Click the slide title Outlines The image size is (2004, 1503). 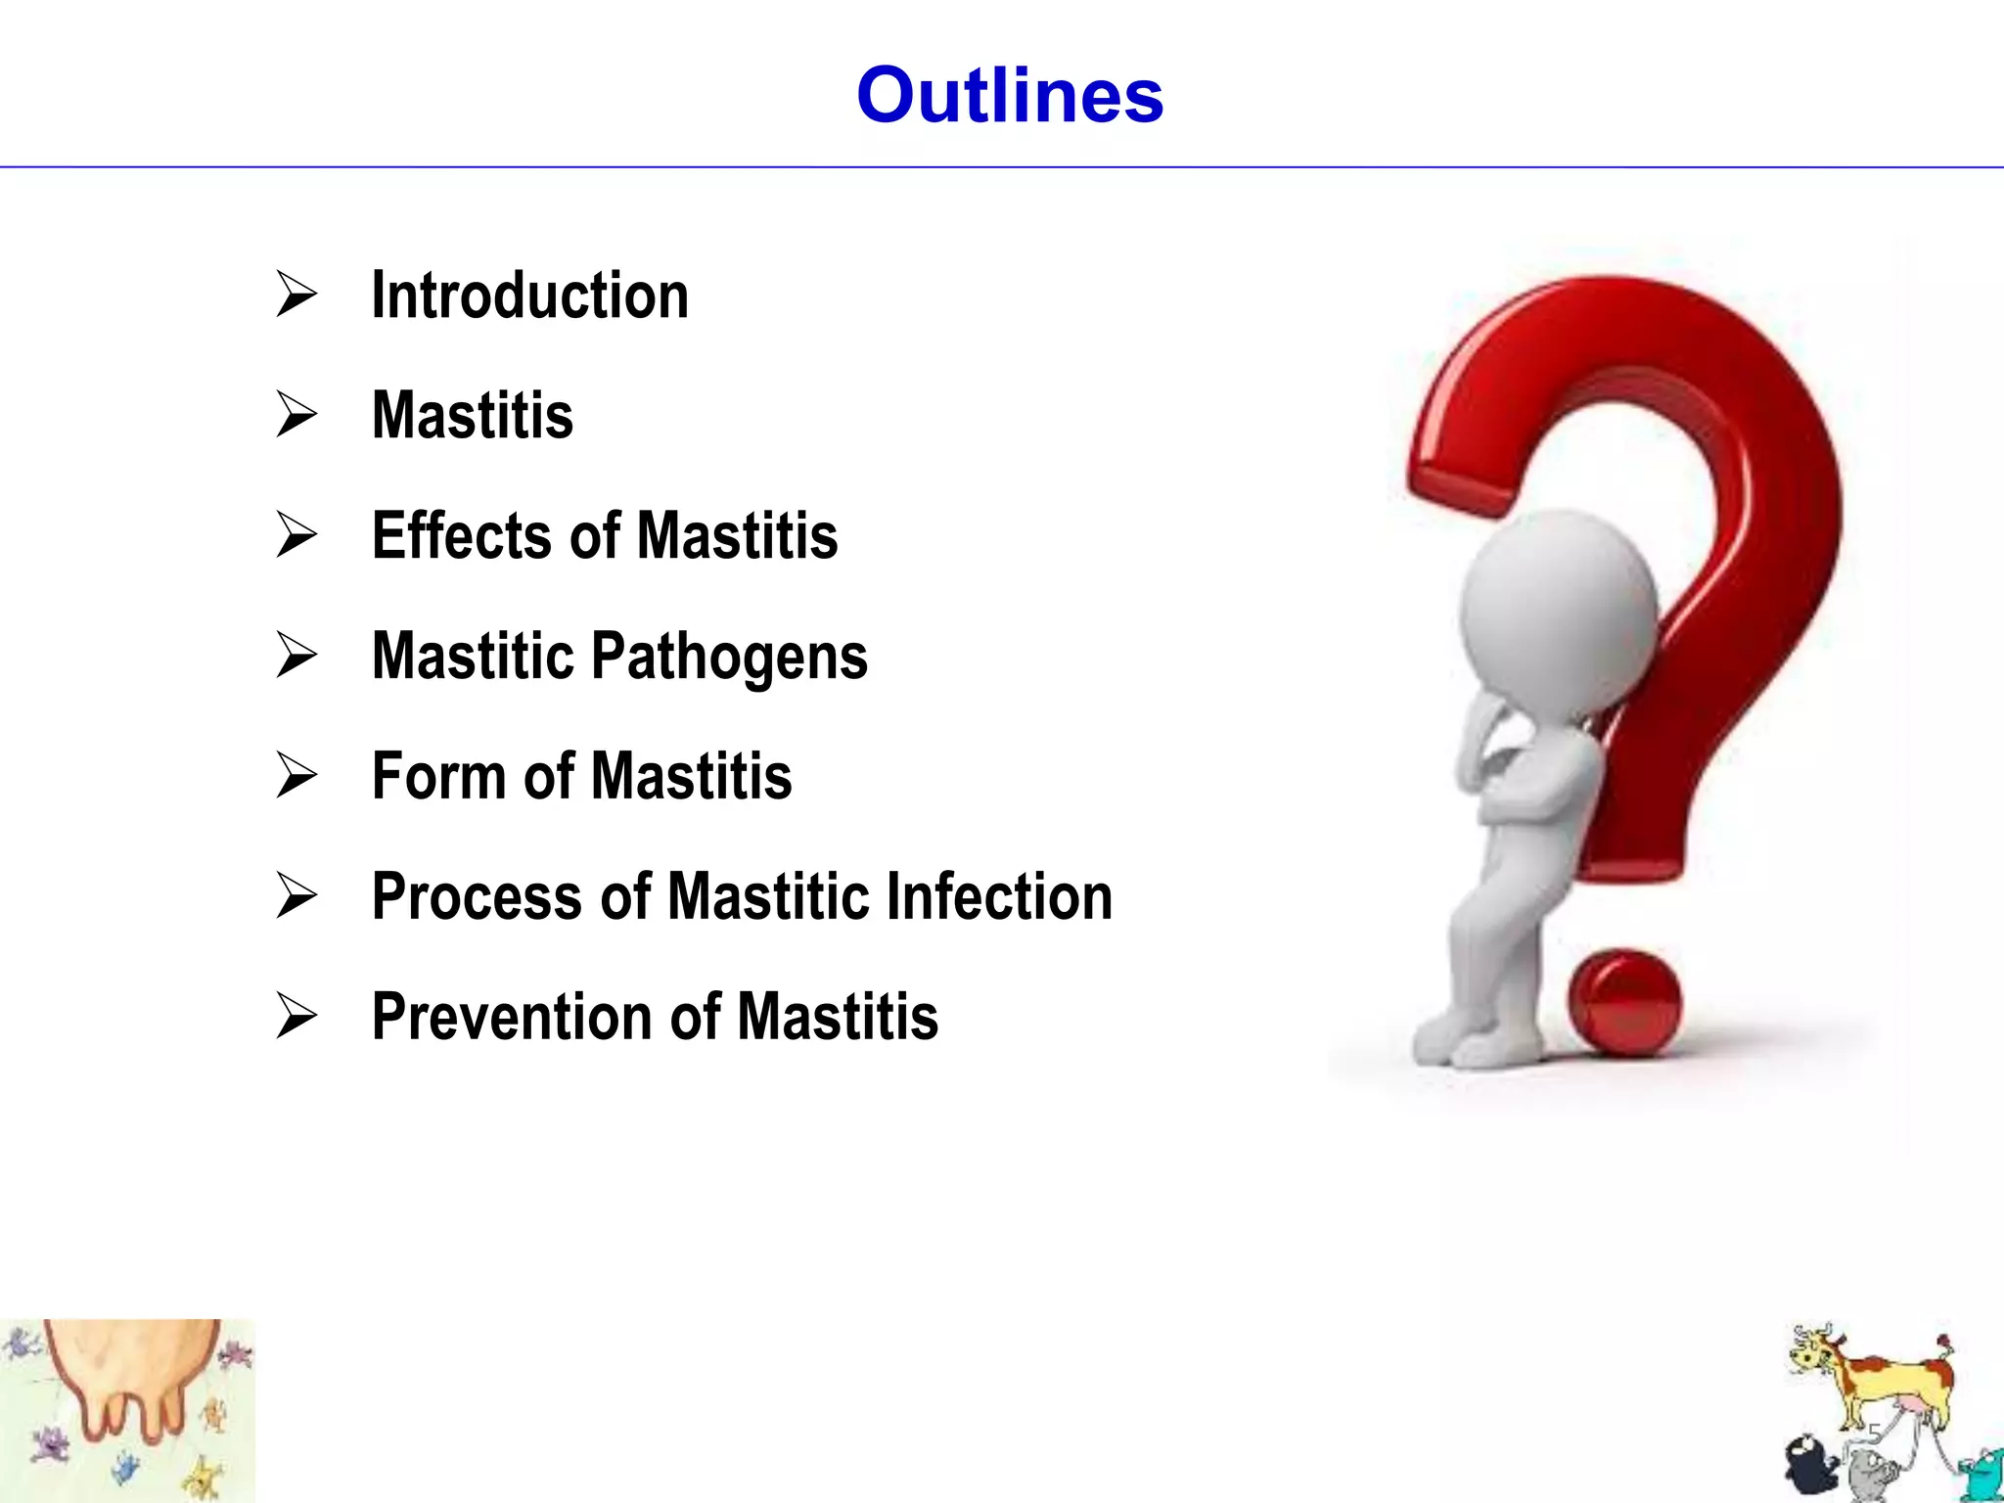pyautogui.click(x=1009, y=95)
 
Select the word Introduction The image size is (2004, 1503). pyautogui.click(x=529, y=296)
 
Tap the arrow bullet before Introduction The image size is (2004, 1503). pyautogui.click(x=296, y=294)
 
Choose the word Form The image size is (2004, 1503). pyautogui.click(x=437, y=776)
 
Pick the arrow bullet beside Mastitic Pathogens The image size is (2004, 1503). pyautogui.click(x=296, y=655)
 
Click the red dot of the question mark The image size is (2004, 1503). pyautogui.click(x=1624, y=1003)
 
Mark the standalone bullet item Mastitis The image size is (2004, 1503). pyautogui.click(x=473, y=416)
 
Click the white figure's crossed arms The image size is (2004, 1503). pyautogui.click(x=1526, y=783)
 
